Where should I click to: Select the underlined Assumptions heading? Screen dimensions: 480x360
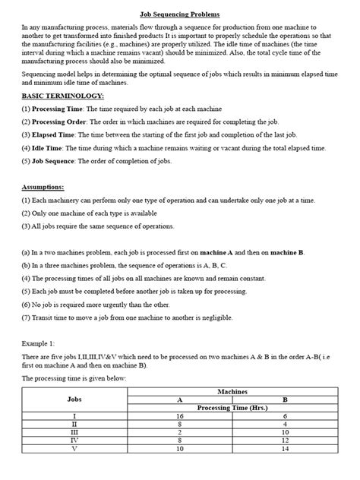point(43,187)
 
